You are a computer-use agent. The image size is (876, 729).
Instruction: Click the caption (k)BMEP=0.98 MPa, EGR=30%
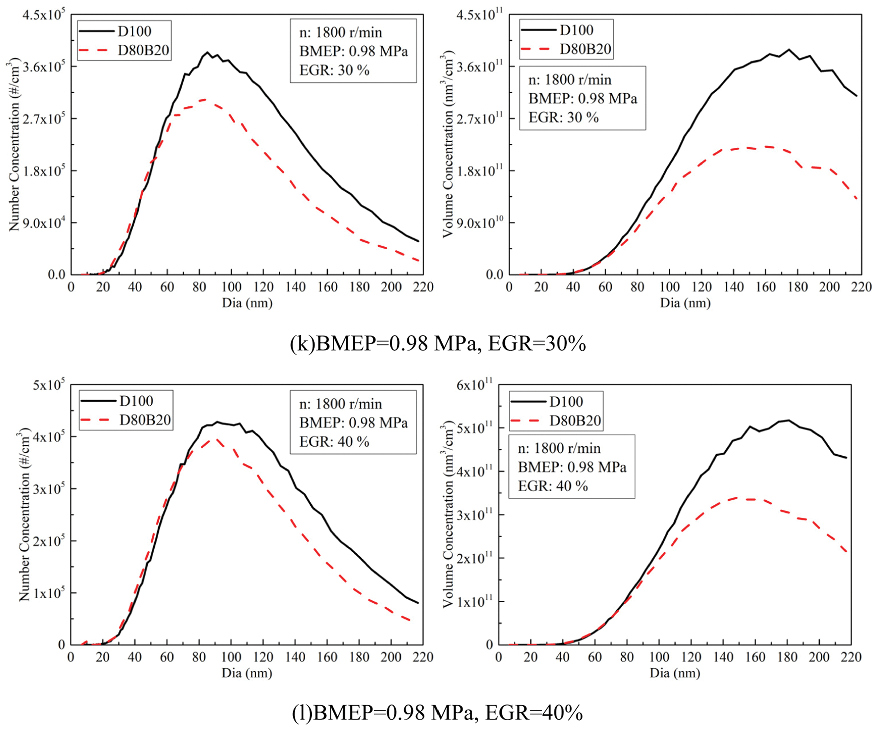[438, 344]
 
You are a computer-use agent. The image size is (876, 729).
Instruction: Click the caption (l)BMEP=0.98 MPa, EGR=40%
[437, 712]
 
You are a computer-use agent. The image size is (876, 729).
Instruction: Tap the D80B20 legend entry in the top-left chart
[143, 50]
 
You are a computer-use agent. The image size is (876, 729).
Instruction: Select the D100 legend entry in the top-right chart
[576, 30]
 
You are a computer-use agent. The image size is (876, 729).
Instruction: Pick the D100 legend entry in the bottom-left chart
[136, 401]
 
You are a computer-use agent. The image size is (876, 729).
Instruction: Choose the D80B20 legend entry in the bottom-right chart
[575, 421]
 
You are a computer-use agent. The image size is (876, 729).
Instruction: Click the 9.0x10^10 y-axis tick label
[480, 223]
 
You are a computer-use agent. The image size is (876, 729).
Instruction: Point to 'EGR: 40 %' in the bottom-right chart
[553, 486]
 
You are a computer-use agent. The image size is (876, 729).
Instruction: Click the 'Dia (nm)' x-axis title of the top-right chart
[685, 303]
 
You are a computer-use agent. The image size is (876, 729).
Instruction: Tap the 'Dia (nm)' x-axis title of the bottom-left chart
[247, 673]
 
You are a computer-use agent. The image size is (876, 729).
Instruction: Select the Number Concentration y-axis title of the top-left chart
[14, 145]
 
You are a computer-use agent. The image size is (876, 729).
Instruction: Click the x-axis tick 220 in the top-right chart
[861, 287]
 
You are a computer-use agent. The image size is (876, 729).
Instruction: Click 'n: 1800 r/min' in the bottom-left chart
[340, 404]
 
